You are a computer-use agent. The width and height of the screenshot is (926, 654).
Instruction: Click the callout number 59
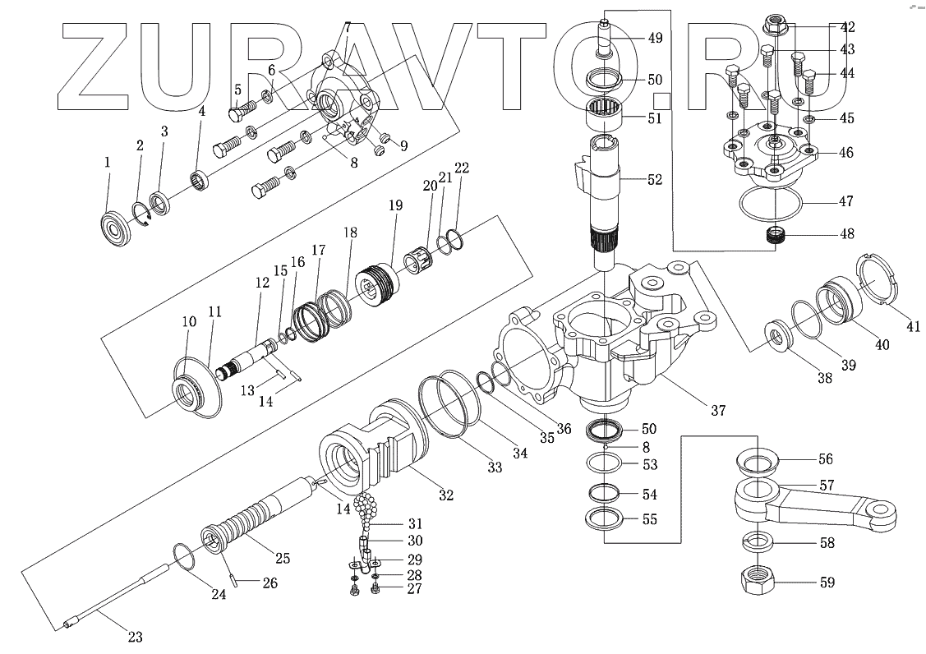tap(827, 583)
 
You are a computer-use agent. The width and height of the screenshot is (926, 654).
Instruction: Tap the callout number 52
tap(654, 179)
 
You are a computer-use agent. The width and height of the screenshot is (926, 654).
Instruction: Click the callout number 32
tap(445, 495)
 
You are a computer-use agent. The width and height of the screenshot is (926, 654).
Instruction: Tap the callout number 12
tap(262, 282)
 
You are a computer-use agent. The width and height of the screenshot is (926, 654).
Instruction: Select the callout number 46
tap(846, 153)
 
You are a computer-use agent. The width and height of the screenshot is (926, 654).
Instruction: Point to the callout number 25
tap(283, 559)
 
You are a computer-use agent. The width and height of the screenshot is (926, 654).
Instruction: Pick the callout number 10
tap(189, 322)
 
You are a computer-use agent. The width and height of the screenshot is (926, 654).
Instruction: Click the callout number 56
tap(825, 460)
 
